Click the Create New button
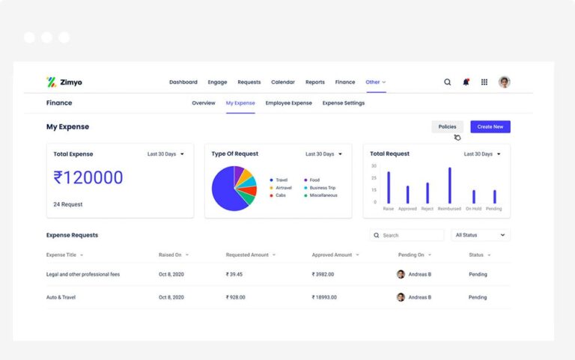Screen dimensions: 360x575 (x=490, y=126)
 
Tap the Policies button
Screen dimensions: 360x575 (x=447, y=126)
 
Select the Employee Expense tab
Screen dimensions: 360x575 (x=288, y=103)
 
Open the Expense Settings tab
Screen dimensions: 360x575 (x=344, y=103)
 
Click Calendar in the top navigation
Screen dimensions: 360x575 (x=282, y=82)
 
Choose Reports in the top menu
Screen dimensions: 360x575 (x=315, y=82)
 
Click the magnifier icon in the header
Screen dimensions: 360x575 (x=448, y=82)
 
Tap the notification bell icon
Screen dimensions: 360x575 (x=466, y=82)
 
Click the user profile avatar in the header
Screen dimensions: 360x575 (x=505, y=82)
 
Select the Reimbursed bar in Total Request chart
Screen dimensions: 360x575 (x=450, y=186)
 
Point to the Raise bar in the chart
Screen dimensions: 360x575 (x=389, y=187)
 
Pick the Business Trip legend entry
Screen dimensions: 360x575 (x=323, y=187)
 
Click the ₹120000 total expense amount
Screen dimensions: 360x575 (x=88, y=177)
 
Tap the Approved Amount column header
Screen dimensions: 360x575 (x=333, y=254)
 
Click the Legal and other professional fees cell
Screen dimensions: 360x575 (x=83, y=274)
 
